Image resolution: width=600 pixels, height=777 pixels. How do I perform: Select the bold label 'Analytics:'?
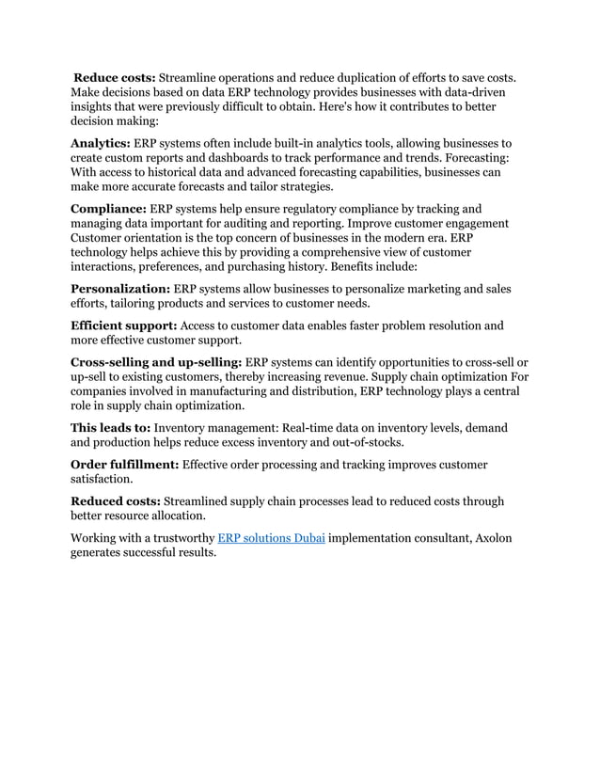[101, 143]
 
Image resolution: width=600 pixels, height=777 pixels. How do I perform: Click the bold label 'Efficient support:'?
[123, 326]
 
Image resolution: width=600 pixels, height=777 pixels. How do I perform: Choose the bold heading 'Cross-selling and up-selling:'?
[156, 362]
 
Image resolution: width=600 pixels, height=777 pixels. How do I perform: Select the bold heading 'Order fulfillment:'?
[125, 465]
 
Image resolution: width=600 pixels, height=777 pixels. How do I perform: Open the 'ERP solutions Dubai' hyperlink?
[272, 538]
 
